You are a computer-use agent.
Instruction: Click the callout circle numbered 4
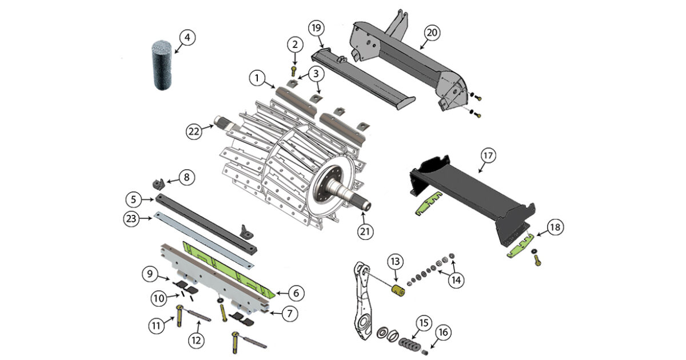(x=187, y=38)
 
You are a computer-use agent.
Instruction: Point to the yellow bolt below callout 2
(x=294, y=71)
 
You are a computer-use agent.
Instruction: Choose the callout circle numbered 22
(x=194, y=131)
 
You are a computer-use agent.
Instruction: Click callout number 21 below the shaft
(x=366, y=231)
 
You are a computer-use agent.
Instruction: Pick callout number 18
(x=555, y=227)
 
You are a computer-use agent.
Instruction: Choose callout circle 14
(x=457, y=280)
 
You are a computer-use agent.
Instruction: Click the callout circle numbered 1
(x=258, y=77)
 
